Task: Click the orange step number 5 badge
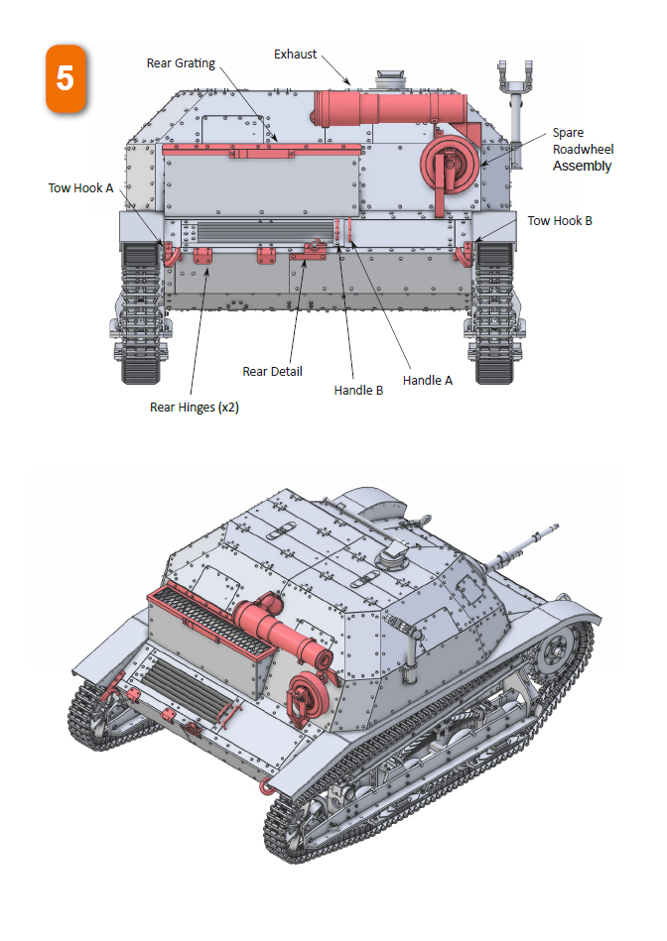click(x=66, y=78)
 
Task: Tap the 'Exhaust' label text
click(x=296, y=55)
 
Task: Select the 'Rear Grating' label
click(x=181, y=63)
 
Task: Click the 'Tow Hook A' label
click(x=81, y=188)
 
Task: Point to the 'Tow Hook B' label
click(x=560, y=220)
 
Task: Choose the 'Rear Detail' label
click(x=273, y=372)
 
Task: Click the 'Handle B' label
click(x=358, y=391)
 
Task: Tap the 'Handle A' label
click(x=428, y=380)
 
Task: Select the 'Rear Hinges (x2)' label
click(x=195, y=407)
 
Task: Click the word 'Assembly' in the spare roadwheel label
click(x=583, y=166)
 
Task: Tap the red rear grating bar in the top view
click(x=262, y=149)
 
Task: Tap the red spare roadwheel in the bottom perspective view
click(x=303, y=695)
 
